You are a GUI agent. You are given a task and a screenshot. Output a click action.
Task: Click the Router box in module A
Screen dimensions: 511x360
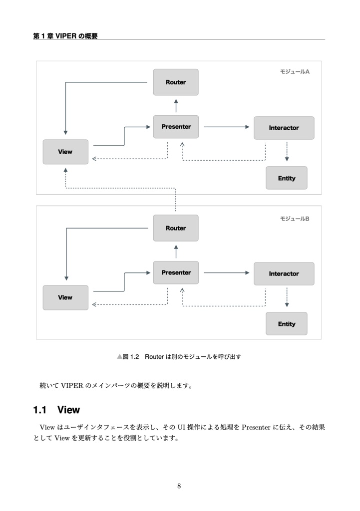pos(175,82)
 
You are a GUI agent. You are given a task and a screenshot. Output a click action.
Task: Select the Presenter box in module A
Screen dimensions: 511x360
pos(175,127)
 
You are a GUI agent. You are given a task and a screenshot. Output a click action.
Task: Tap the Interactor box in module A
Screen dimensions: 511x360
pos(284,128)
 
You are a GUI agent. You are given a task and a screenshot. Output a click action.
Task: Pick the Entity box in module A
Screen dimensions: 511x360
pos(286,178)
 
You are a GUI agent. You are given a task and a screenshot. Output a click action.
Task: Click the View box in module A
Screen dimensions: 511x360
pos(65,152)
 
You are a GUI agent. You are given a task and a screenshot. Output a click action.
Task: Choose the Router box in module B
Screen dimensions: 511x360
pos(175,228)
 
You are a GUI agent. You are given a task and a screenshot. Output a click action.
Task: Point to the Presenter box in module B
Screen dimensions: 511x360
pos(175,272)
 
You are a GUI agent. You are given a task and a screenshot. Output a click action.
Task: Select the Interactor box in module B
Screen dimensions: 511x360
pos(284,273)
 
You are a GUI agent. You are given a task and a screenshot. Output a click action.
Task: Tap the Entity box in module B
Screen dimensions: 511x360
pos(286,324)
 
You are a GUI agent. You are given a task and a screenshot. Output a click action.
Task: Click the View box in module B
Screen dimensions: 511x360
pos(65,297)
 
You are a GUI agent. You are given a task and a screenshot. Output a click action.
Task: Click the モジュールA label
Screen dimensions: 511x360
pos(295,72)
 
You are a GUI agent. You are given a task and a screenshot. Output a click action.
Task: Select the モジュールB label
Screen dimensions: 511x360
pos(295,219)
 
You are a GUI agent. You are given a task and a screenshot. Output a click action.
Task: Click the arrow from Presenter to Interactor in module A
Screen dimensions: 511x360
pos(226,127)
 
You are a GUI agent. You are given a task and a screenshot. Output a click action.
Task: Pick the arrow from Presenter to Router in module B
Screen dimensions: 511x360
pos(176,251)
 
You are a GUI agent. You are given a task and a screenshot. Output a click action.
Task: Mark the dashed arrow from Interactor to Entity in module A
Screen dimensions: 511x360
pos(287,152)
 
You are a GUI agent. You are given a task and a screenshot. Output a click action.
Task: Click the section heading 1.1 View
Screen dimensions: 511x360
pos(56,410)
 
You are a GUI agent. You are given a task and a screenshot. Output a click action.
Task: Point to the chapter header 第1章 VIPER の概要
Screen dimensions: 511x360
pos(65,35)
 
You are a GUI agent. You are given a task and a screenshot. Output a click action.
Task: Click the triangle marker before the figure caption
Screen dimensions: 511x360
pos(119,357)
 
